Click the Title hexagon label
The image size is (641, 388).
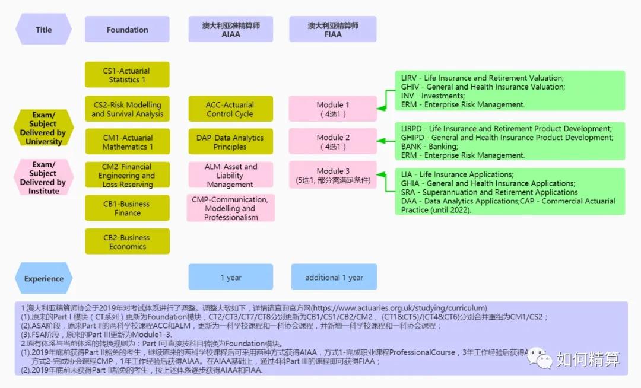click(43, 30)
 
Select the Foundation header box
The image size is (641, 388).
click(127, 30)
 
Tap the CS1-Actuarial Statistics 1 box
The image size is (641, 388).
click(127, 75)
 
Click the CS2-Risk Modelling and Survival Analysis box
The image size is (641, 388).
click(127, 109)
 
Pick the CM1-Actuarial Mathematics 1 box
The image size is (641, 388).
click(127, 142)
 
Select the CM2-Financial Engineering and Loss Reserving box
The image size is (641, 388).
click(127, 176)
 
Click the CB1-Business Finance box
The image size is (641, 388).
click(127, 208)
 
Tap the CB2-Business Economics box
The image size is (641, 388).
click(127, 241)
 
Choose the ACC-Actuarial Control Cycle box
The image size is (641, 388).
click(230, 109)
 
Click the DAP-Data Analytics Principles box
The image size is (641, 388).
click(230, 142)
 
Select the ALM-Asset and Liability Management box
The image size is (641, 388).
click(230, 176)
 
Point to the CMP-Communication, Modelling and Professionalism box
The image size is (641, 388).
click(230, 208)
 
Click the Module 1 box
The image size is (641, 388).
click(333, 109)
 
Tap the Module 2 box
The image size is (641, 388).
click(333, 142)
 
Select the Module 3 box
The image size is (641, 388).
click(333, 176)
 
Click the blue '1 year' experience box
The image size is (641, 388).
click(230, 277)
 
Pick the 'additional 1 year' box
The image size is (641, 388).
click(334, 277)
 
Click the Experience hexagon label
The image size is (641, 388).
click(43, 278)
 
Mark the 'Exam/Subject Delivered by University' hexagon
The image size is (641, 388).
click(43, 128)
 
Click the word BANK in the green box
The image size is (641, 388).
click(411, 147)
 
